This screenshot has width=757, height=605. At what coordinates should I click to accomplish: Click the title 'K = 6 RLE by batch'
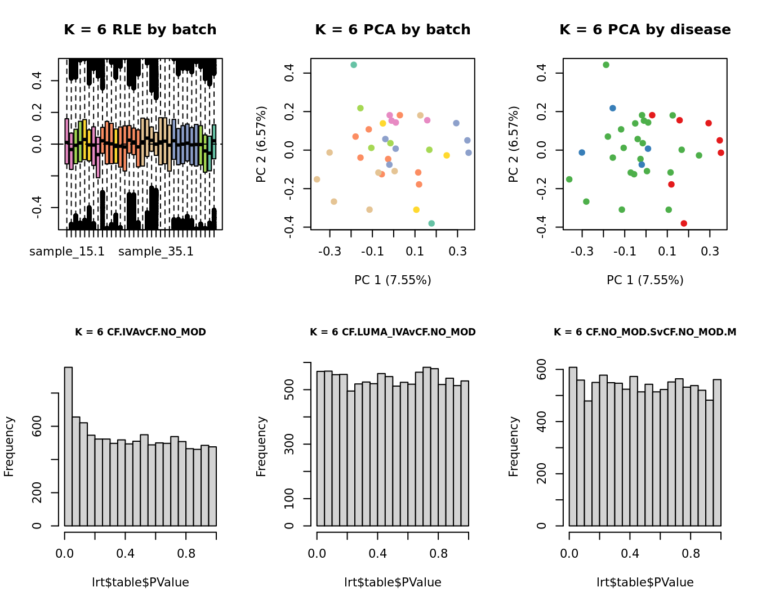pyautogui.click(x=140, y=30)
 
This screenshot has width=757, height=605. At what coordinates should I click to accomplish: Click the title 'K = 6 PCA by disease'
pyautogui.click(x=645, y=30)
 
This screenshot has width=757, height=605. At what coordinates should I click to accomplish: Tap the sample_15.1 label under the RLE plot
pyautogui.click(x=67, y=252)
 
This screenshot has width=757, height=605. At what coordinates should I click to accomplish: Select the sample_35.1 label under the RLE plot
pyautogui.click(x=156, y=252)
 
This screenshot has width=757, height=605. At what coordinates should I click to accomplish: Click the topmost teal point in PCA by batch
pyautogui.click(x=354, y=65)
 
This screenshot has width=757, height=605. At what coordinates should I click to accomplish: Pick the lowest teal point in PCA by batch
pyautogui.click(x=431, y=223)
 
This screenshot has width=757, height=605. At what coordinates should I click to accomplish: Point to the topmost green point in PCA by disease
pyautogui.click(x=606, y=65)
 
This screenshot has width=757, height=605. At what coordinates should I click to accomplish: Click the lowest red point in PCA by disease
pyautogui.click(x=684, y=223)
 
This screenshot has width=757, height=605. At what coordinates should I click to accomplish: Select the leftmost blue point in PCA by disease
pyautogui.click(x=582, y=153)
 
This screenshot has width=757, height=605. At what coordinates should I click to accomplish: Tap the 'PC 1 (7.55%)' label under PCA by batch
pyautogui.click(x=393, y=280)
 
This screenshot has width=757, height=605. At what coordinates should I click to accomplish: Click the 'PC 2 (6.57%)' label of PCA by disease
pyautogui.click(x=513, y=145)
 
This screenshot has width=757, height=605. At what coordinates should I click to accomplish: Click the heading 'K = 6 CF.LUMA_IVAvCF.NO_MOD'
pyautogui.click(x=393, y=332)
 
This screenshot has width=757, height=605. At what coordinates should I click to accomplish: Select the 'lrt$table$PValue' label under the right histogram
pyautogui.click(x=645, y=582)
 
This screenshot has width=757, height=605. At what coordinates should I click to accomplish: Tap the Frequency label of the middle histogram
pyautogui.click(x=261, y=446)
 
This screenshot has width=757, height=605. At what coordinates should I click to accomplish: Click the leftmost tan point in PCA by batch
pyautogui.click(x=317, y=180)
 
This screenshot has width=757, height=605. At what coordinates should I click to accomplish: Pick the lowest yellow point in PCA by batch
pyautogui.click(x=416, y=210)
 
